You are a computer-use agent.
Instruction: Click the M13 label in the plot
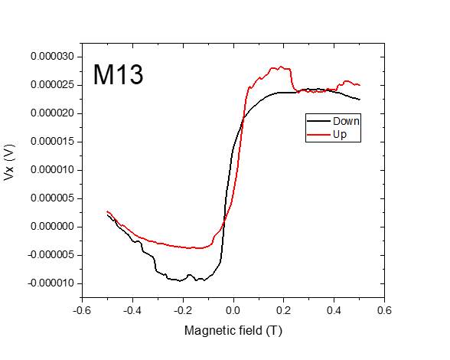(x=118, y=75)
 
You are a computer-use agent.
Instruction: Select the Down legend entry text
(x=345, y=121)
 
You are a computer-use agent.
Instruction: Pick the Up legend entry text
(x=340, y=134)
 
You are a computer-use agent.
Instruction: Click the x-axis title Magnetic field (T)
(x=233, y=331)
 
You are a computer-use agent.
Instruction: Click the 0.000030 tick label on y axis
(x=51, y=57)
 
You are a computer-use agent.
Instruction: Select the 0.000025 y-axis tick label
(x=51, y=85)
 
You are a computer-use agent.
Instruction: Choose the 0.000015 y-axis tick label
(x=51, y=142)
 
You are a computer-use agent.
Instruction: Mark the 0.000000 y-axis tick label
(x=51, y=227)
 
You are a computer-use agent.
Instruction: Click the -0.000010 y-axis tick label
(x=50, y=283)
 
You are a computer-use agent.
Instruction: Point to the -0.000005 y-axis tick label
(x=50, y=255)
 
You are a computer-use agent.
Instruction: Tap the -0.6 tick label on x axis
(x=81, y=310)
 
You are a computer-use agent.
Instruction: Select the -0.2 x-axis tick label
(x=182, y=310)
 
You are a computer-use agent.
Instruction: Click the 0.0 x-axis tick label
(x=233, y=310)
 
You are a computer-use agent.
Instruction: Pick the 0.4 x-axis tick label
(x=334, y=310)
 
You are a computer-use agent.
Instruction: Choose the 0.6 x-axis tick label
(x=385, y=310)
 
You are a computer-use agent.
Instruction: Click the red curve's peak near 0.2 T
(x=281, y=67)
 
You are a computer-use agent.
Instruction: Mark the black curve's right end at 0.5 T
(x=360, y=100)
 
